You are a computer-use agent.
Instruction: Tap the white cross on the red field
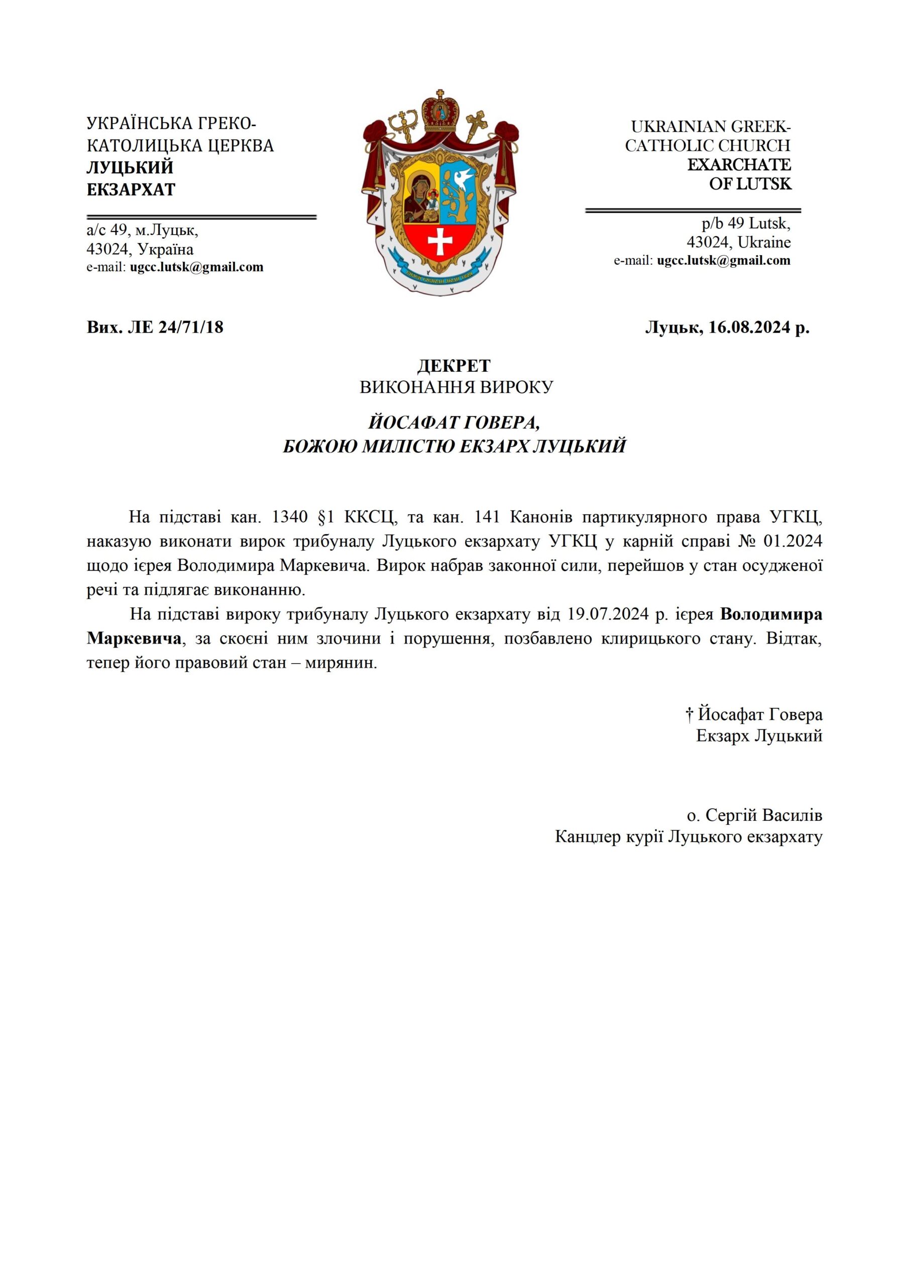[440, 241]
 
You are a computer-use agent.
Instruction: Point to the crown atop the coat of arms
[440, 111]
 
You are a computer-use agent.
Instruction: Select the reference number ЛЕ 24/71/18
[176, 327]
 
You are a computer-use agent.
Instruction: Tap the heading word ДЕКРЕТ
[454, 366]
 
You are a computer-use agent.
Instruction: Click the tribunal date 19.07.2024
[608, 614]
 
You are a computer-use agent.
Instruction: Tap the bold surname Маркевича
[134, 638]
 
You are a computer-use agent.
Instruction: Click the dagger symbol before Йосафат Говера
[690, 715]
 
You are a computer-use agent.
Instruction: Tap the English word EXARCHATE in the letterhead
[739, 165]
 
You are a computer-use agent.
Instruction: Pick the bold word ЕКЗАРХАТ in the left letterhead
[131, 189]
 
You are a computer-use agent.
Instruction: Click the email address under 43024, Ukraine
[724, 260]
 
